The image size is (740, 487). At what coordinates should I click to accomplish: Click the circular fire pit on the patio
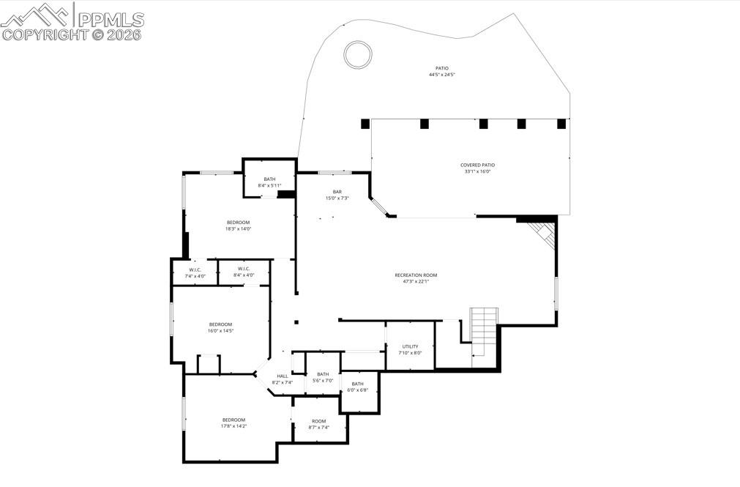point(359,54)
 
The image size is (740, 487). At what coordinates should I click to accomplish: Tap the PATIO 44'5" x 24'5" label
point(442,72)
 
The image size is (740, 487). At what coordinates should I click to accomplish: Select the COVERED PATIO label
point(477,168)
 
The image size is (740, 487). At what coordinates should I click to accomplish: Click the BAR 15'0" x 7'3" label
point(337,195)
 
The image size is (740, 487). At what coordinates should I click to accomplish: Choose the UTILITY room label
point(410,349)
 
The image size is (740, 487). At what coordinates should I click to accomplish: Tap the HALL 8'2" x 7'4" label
point(283,379)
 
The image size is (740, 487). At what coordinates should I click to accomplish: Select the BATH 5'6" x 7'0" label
point(323,377)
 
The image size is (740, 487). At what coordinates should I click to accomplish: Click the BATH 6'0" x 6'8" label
point(357,387)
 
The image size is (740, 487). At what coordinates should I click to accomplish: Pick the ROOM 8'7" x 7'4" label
point(319,424)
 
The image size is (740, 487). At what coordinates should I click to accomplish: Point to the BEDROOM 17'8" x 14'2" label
point(234,423)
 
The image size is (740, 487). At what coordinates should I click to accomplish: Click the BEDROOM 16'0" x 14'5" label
point(220,327)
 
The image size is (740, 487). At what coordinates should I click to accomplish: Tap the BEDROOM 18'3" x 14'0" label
point(238,226)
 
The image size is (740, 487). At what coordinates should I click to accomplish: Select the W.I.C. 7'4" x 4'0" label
point(195,272)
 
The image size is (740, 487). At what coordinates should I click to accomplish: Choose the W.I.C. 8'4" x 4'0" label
point(242,272)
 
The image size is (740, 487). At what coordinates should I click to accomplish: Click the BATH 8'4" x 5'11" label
point(269,182)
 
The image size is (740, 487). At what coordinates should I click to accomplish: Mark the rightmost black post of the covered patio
point(561,124)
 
